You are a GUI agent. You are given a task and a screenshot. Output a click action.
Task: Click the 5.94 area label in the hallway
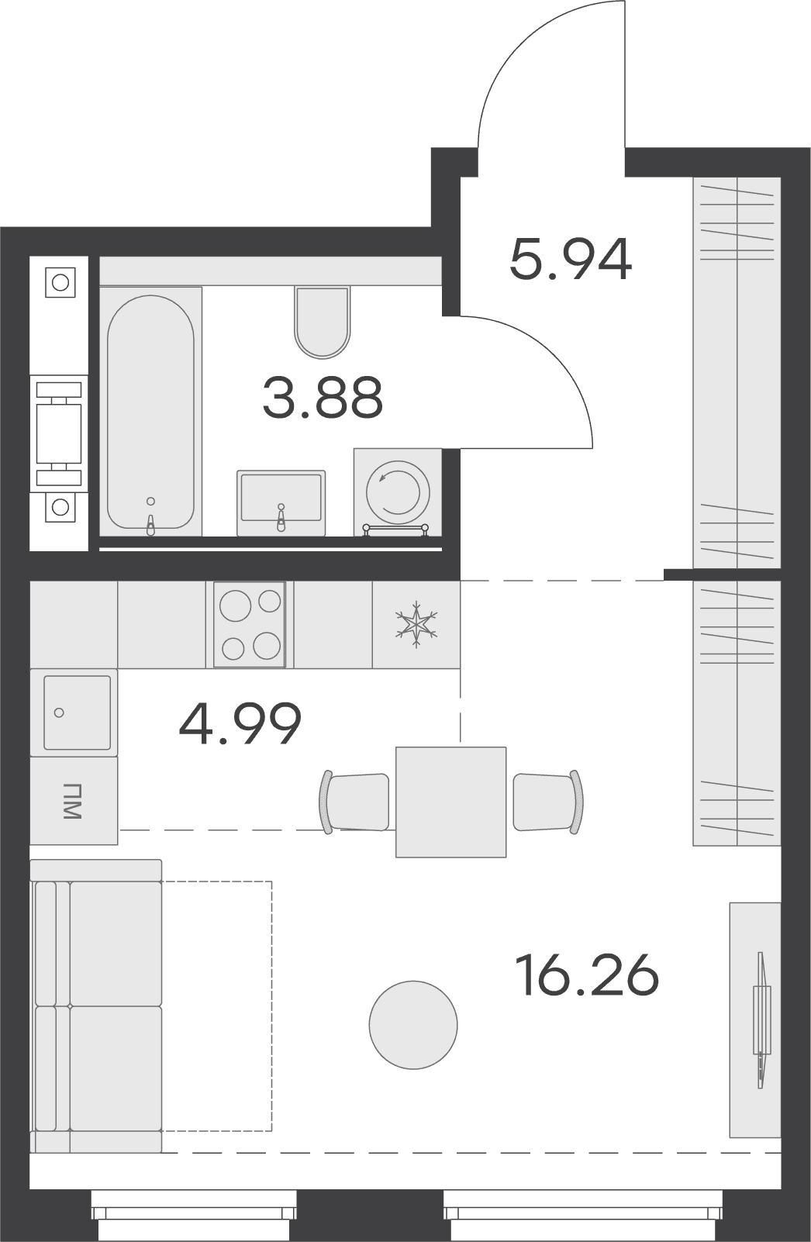[571, 260]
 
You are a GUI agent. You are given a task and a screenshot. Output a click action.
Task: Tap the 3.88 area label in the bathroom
[323, 397]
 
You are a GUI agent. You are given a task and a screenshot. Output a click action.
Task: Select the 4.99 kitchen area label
[240, 723]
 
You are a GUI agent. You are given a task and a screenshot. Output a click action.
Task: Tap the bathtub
[150, 412]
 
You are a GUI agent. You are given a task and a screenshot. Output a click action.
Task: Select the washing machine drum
[398, 492]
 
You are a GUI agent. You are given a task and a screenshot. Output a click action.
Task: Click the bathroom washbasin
[281, 503]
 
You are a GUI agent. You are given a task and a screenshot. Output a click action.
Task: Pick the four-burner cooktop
[250, 624]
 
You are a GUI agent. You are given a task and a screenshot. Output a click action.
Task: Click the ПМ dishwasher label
[73, 802]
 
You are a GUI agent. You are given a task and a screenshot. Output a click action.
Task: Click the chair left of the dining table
[354, 802]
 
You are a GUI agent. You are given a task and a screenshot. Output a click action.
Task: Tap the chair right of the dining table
[548, 802]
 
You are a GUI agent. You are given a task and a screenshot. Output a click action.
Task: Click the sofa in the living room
[96, 1006]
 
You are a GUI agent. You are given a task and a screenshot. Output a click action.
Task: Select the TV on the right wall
[761, 1019]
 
